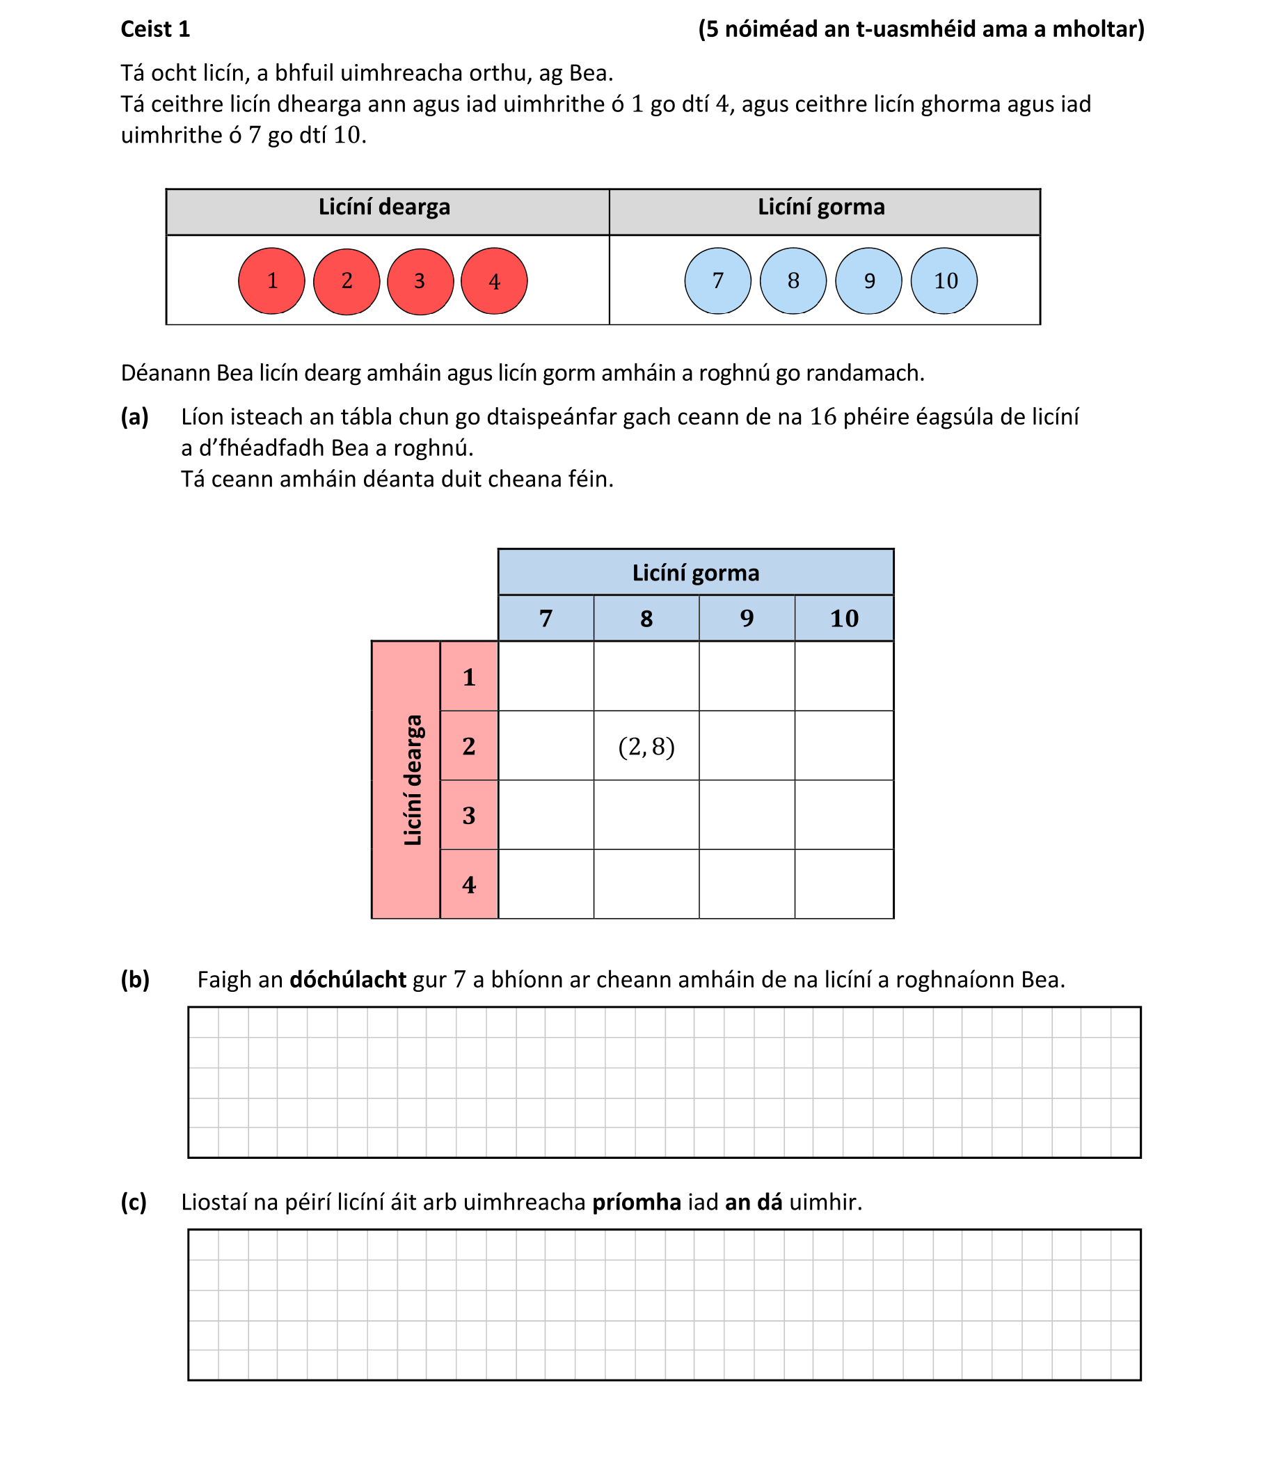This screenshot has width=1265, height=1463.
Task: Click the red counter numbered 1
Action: click(x=272, y=281)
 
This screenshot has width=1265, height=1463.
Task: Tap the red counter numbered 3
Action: click(x=420, y=281)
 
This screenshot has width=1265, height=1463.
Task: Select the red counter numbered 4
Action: click(x=494, y=281)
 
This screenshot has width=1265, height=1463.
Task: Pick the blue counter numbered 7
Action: click(x=718, y=281)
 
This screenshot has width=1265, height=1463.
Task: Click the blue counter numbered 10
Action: click(x=944, y=281)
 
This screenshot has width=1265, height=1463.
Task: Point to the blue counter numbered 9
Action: click(x=869, y=281)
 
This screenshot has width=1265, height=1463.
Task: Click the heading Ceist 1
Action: click(x=155, y=29)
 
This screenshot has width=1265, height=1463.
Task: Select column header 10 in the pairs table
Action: click(x=844, y=619)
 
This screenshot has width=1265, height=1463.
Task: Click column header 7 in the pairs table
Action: click(x=546, y=619)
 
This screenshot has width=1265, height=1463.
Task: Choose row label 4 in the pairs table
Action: click(x=469, y=884)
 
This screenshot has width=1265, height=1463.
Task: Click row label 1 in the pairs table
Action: click(x=469, y=677)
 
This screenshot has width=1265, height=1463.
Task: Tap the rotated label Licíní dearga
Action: click(x=412, y=780)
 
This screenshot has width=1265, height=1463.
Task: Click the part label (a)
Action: click(x=135, y=418)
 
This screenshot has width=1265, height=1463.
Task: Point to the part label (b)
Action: click(x=135, y=980)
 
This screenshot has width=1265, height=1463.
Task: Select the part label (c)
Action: click(x=134, y=1202)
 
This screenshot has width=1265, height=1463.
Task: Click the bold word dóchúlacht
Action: click(x=348, y=980)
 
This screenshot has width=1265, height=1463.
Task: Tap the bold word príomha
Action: click(x=636, y=1202)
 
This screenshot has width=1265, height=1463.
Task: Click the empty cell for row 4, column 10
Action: click(x=844, y=884)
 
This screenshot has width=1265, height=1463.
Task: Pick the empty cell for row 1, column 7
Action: click(x=546, y=677)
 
